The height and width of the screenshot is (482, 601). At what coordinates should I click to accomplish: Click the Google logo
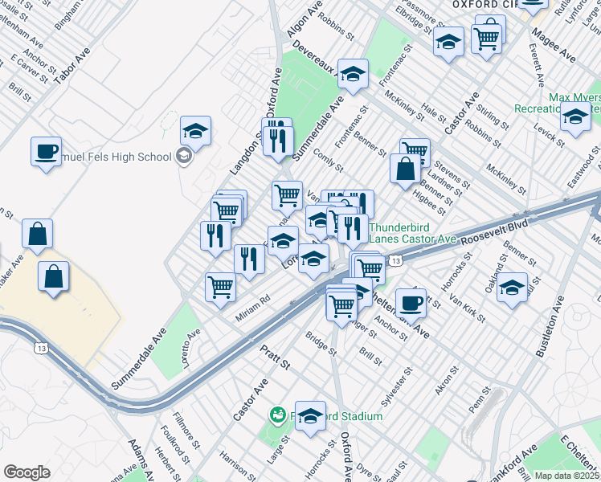click(x=27, y=472)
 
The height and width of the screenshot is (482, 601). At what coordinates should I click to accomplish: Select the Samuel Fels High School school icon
click(x=183, y=156)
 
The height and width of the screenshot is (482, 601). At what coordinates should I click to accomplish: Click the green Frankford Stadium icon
click(x=277, y=415)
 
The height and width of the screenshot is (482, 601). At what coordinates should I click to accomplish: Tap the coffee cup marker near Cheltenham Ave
click(x=411, y=302)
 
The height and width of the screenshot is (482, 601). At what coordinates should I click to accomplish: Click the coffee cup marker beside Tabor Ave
click(x=47, y=150)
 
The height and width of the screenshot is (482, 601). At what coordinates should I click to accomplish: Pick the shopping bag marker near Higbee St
click(x=405, y=169)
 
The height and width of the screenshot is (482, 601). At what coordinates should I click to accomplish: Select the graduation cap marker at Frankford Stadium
click(x=310, y=415)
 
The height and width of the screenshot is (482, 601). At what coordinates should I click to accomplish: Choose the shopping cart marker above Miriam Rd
click(x=220, y=287)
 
